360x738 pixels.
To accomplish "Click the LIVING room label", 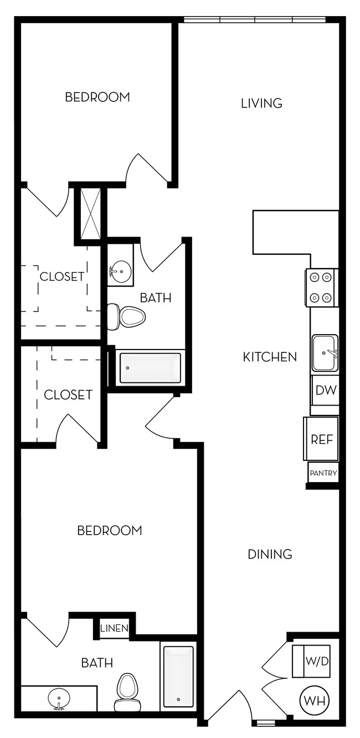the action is tap(261, 104).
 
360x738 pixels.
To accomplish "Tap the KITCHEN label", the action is tap(270, 357).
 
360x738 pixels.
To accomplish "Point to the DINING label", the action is tap(270, 554).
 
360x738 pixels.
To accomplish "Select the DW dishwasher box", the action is tap(326, 391).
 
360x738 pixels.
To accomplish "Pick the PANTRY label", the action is tap(323, 473).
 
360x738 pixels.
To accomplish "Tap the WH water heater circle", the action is tap(314, 700).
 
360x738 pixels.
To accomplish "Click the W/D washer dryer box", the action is tap(311, 661).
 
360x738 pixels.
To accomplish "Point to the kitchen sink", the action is tap(325, 353).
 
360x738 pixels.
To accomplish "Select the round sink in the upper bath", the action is tap(120, 271).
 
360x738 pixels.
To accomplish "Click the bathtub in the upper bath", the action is tap(150, 368).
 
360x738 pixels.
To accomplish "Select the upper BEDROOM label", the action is tap(97, 97).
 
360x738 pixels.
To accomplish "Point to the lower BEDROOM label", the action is tap(110, 531).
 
